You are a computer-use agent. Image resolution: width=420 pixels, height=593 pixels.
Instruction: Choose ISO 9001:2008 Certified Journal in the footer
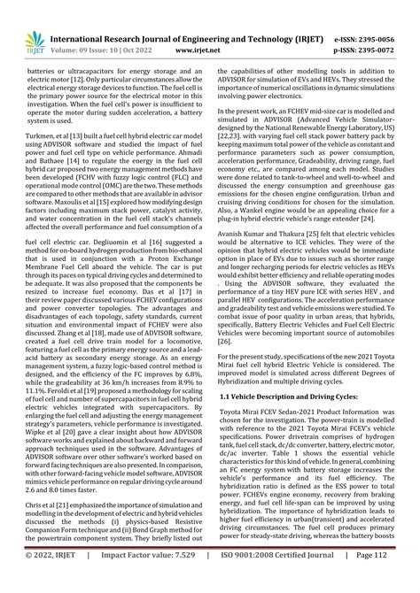point(289,581)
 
